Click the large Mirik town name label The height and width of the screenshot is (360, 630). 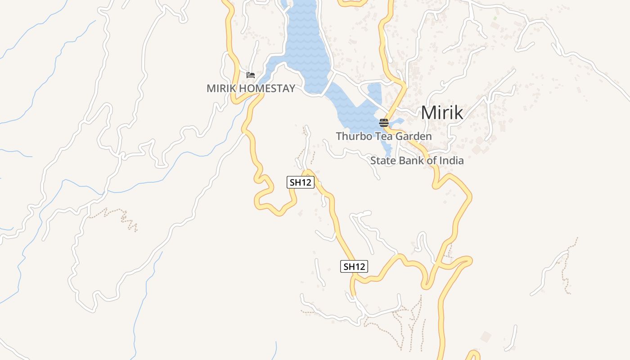[x=441, y=112]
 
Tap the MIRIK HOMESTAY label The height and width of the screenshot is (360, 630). [x=251, y=88]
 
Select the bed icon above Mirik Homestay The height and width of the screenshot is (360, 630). [x=251, y=75]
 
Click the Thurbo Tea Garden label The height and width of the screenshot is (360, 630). [x=383, y=136]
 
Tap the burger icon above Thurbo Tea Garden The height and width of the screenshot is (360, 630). [x=383, y=122]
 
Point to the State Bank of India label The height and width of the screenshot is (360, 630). [x=417, y=161]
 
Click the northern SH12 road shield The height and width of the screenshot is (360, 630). [x=300, y=182]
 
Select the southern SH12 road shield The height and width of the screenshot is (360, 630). [x=354, y=266]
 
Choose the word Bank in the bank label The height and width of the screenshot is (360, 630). [x=410, y=161]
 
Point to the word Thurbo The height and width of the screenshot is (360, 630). [x=352, y=136]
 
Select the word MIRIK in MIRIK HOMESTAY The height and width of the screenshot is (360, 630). [x=221, y=88]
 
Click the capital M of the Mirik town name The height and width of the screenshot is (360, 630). [x=428, y=112]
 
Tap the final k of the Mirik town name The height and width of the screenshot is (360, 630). [x=458, y=112]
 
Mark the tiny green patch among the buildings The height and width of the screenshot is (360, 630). [x=495, y=18]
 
